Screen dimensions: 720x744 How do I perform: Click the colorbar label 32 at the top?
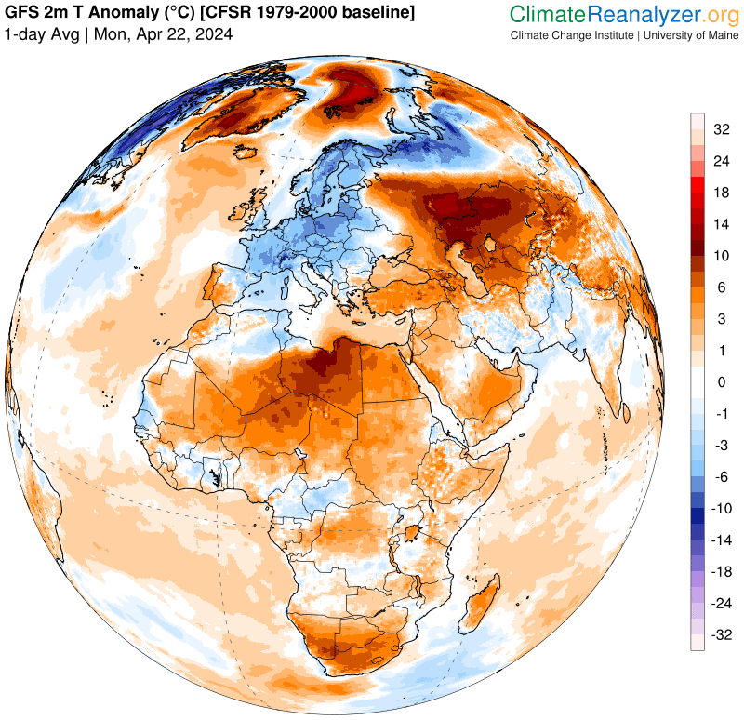click(721, 129)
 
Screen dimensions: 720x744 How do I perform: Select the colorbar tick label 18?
click(721, 193)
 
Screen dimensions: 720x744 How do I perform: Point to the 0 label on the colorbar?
click(721, 382)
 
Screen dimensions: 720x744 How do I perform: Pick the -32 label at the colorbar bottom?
click(721, 635)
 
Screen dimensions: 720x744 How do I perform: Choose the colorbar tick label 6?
click(721, 287)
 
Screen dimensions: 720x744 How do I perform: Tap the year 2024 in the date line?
click(215, 34)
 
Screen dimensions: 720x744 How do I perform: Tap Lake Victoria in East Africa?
click(409, 534)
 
